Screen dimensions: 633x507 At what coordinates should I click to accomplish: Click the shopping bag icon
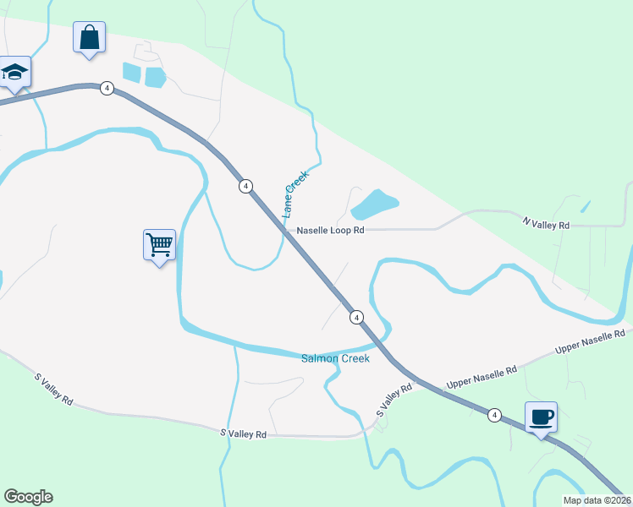pos(89,38)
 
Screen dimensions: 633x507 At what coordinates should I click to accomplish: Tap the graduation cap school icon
pos(14,73)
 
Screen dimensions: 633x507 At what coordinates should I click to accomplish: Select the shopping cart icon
pos(159,246)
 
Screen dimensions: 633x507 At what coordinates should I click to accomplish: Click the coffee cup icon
pos(541,417)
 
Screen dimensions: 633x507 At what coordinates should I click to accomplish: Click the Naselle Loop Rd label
pos(329,230)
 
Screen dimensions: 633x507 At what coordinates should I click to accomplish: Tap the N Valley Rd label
pos(546,224)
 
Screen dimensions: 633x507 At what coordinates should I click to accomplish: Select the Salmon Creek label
pos(336,358)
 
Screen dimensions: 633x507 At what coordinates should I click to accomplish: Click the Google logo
pos(28,496)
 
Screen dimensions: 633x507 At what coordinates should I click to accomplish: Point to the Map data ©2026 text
pos(597,500)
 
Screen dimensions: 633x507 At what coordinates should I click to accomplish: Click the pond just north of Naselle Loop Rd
pos(373,204)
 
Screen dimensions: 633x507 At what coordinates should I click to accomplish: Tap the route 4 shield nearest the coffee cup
pos(494,415)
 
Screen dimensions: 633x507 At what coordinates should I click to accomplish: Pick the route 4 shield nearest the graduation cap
pos(107,88)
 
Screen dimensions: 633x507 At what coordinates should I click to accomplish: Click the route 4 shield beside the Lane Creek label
pos(245,186)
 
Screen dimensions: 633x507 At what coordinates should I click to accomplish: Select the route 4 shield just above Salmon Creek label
pos(356,317)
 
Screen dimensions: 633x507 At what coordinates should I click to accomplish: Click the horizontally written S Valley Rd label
pos(243,433)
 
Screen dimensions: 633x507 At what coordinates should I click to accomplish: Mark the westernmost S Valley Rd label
pos(52,388)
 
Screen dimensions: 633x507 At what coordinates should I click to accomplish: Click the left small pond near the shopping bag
pos(131,72)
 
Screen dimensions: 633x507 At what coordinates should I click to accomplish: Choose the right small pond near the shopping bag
pos(155,78)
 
